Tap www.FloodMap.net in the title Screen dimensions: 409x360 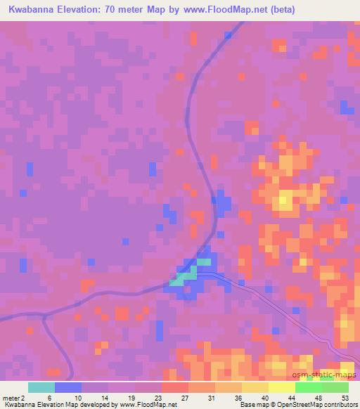click(218, 10)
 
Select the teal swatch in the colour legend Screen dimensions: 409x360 click(41, 387)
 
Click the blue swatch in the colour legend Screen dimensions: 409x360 click(67, 387)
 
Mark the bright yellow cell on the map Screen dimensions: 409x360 click(284, 200)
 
